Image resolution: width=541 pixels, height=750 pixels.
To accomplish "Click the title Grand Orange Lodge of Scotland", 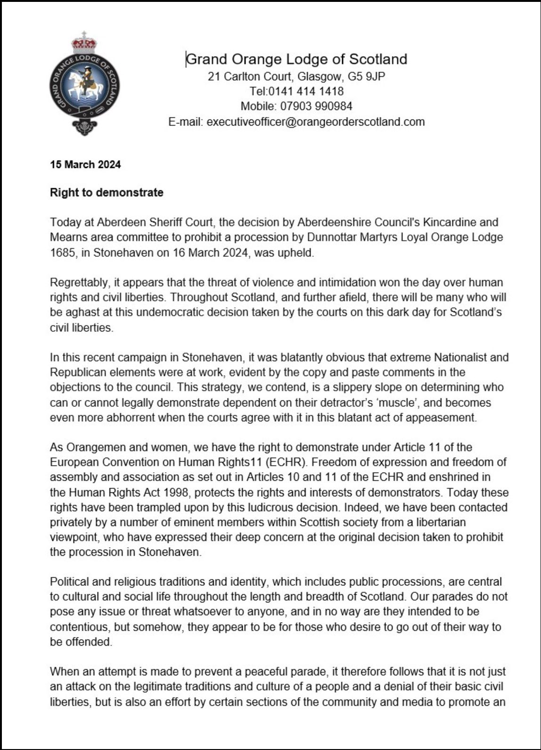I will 296,59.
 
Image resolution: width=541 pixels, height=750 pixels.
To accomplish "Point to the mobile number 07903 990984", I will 316,106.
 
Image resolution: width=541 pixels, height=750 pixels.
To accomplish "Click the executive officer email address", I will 316,122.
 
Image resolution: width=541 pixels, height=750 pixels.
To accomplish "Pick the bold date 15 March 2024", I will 85,165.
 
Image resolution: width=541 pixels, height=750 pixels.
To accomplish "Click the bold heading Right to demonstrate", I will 107,192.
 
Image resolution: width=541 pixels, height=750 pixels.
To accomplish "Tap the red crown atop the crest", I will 84,44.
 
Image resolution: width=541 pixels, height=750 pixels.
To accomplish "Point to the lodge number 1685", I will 63,252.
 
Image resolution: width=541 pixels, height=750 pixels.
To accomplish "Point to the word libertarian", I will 436,523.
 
